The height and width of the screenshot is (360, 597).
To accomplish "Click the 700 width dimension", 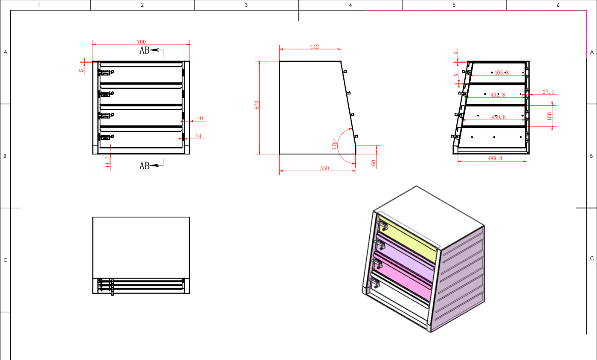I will (x=141, y=42).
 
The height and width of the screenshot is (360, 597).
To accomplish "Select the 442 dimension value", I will (x=315, y=46).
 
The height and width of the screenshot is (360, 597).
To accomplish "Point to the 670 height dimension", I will (x=257, y=106).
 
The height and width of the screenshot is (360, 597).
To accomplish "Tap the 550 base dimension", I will (x=325, y=168).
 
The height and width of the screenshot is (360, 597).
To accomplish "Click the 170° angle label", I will (x=335, y=143).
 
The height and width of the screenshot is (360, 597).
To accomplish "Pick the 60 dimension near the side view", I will (x=374, y=163).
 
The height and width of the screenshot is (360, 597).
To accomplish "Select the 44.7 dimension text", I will (x=108, y=163).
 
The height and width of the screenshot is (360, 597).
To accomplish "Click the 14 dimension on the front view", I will (x=199, y=136).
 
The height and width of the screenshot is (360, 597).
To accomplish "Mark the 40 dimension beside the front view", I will (x=200, y=118).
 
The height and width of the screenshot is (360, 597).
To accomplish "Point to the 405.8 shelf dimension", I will (x=501, y=73).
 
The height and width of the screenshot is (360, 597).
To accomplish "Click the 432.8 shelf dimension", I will (x=498, y=95).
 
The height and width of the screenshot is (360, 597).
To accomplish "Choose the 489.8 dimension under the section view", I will (x=495, y=158).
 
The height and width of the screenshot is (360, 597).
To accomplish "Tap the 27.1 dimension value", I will (x=548, y=92).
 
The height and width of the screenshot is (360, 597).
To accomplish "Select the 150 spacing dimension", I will (x=550, y=116).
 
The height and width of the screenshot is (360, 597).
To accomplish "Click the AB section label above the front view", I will (x=145, y=50).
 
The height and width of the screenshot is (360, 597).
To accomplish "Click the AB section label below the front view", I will (x=145, y=166).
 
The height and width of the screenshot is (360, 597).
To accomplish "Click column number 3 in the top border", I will (x=246, y=5).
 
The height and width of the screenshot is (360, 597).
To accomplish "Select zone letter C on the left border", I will (x=5, y=260).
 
